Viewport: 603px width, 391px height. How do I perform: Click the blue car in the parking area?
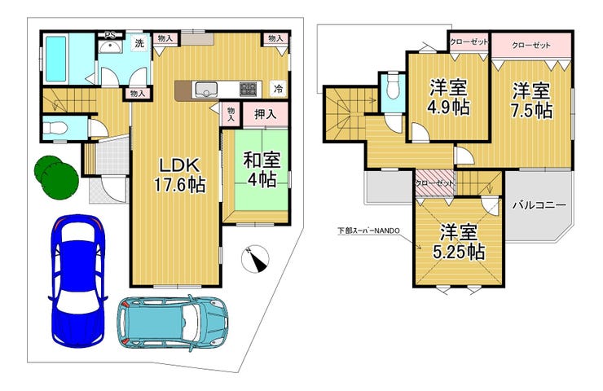(x=77, y=281)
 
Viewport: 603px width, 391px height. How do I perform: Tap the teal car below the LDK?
(x=173, y=323)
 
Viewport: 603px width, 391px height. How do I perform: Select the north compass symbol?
(x=255, y=259)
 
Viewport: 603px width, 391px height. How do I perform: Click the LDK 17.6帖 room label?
(x=179, y=175)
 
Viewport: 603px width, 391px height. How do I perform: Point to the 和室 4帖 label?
(x=262, y=169)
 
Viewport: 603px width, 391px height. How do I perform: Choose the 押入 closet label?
(x=266, y=114)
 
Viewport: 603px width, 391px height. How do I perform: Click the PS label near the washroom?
(x=110, y=35)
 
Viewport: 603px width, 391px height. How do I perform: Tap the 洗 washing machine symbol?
(x=139, y=43)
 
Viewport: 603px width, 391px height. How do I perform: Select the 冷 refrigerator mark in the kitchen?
(x=278, y=89)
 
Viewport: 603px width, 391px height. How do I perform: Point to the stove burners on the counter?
(x=247, y=89)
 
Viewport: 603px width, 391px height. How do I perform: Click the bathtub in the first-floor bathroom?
(x=56, y=59)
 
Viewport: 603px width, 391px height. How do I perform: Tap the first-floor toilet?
(x=55, y=128)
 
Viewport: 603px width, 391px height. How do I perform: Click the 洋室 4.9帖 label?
(x=448, y=98)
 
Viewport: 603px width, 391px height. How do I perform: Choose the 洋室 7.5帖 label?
(x=531, y=100)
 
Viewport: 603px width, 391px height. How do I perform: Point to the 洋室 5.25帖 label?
(x=459, y=243)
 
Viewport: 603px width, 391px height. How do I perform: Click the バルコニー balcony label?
(x=539, y=205)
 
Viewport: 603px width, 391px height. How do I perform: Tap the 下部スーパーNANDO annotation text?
(x=369, y=231)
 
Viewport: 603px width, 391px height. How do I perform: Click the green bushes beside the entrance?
(x=56, y=178)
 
